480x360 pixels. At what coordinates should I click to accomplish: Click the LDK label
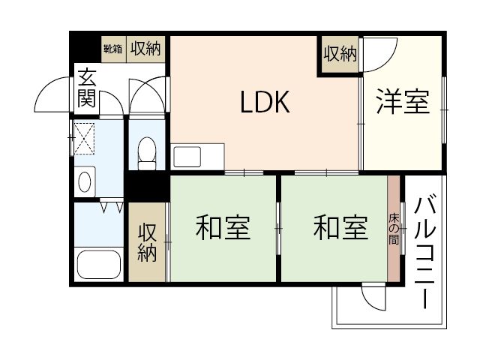(x=264, y=103)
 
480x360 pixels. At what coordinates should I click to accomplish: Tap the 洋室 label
(x=403, y=103)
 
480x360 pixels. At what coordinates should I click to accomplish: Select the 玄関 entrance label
(x=86, y=87)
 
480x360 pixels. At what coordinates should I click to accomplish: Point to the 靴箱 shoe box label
(x=112, y=49)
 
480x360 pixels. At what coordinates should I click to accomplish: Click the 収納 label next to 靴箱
(x=145, y=49)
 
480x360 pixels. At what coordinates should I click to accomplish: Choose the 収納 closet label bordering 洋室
(x=340, y=54)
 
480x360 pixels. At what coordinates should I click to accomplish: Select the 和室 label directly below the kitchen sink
(x=223, y=228)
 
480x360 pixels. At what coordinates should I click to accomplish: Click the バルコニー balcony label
(x=425, y=251)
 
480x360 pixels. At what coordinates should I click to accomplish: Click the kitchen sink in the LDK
(x=187, y=157)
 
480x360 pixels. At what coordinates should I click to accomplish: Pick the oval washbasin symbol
(x=84, y=181)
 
